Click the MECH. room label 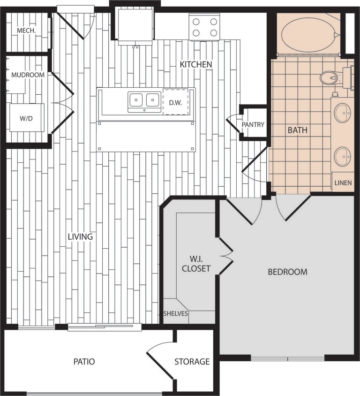coord(27,31)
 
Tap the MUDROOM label coord(28,75)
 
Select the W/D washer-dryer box coord(27,118)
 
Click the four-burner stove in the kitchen coord(205,27)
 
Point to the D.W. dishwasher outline coord(175,101)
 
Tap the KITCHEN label coord(196,64)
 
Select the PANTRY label coord(253,125)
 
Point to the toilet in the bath coord(331,77)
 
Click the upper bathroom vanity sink coord(342,113)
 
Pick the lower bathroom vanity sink coord(342,156)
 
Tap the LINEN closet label coord(343,183)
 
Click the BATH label coord(298,130)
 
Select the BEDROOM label coord(287,272)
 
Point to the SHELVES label coord(176,314)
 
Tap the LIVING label coord(80,237)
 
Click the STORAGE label coord(192,362)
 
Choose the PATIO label coord(84,362)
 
